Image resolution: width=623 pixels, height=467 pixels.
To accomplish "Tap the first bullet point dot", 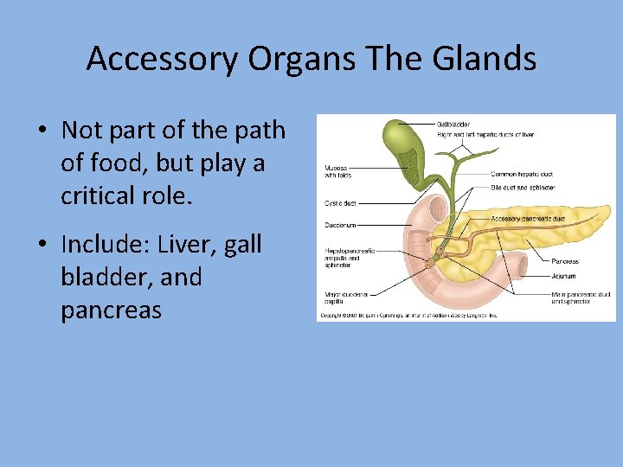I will point(42,131).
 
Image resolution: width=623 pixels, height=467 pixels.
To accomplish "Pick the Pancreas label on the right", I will point(564,261).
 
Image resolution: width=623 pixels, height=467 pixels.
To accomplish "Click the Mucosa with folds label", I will point(339,171).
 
